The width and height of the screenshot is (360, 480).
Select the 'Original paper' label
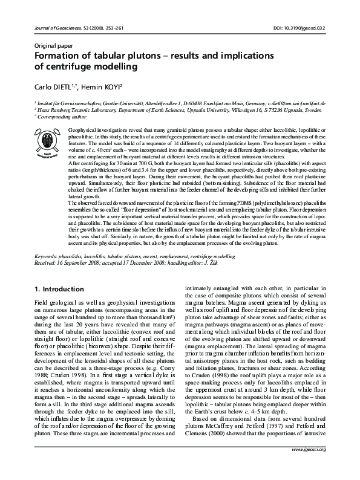point(52,45)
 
